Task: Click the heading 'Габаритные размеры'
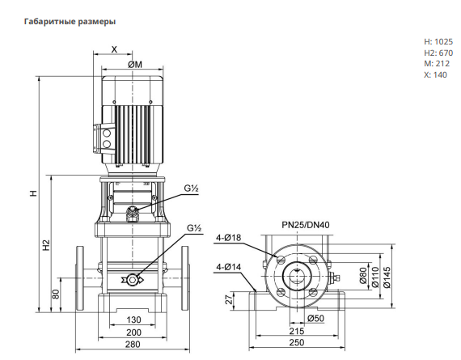coord(70,22)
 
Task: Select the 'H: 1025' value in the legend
coord(438,42)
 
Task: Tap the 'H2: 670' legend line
coord(438,53)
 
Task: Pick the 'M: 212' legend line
coord(437,64)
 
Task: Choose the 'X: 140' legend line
coord(435,75)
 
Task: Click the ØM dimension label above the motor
coord(135,65)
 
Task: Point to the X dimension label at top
coord(114,49)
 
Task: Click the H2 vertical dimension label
coord(46,245)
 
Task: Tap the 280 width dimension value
coord(133,344)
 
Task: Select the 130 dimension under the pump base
coord(133,320)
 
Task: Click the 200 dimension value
coord(133,332)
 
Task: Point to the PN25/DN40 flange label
coord(306,225)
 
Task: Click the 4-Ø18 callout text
coord(228,238)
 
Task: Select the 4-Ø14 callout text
coord(228,267)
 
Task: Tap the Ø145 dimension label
coord(387,277)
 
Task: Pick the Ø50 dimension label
coord(315,318)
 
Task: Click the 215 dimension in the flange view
coord(296,331)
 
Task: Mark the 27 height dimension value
coord(229,299)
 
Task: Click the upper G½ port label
coord(192,188)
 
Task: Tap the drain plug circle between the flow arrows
coord(132,280)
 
